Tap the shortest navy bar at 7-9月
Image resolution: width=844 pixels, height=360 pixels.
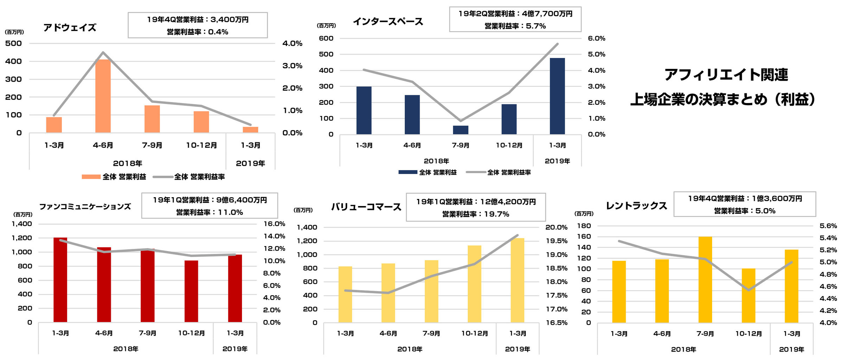pyautogui.click(x=460, y=130)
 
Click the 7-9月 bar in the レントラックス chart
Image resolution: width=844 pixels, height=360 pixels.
pyautogui.click(x=705, y=279)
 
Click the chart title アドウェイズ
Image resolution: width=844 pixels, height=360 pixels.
pyautogui.click(x=70, y=28)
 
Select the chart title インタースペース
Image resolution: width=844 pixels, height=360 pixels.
pyautogui.click(x=388, y=22)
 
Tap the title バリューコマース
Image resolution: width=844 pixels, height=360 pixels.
pyautogui.click(x=366, y=207)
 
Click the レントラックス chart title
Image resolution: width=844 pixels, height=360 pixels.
pyautogui.click(x=636, y=206)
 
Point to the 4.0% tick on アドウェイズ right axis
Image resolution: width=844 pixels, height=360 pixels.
pyautogui.click(x=292, y=44)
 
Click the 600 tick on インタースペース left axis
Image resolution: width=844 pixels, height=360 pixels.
pyautogui.click(x=326, y=38)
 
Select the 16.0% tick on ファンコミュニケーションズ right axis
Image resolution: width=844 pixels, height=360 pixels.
pyautogui.click(x=274, y=224)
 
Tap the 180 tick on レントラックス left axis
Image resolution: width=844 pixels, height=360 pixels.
pyautogui.click(x=584, y=226)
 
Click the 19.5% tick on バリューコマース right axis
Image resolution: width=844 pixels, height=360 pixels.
pyautogui.click(x=556, y=241)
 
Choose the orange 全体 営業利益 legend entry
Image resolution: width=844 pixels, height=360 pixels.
pyautogui.click(x=114, y=177)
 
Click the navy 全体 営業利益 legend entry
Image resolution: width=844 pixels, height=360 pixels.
pyautogui.click(x=428, y=172)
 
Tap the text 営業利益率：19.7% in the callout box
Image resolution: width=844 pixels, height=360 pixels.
pyautogui.click(x=475, y=214)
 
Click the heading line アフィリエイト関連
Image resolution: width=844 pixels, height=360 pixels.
pyautogui.click(x=726, y=75)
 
